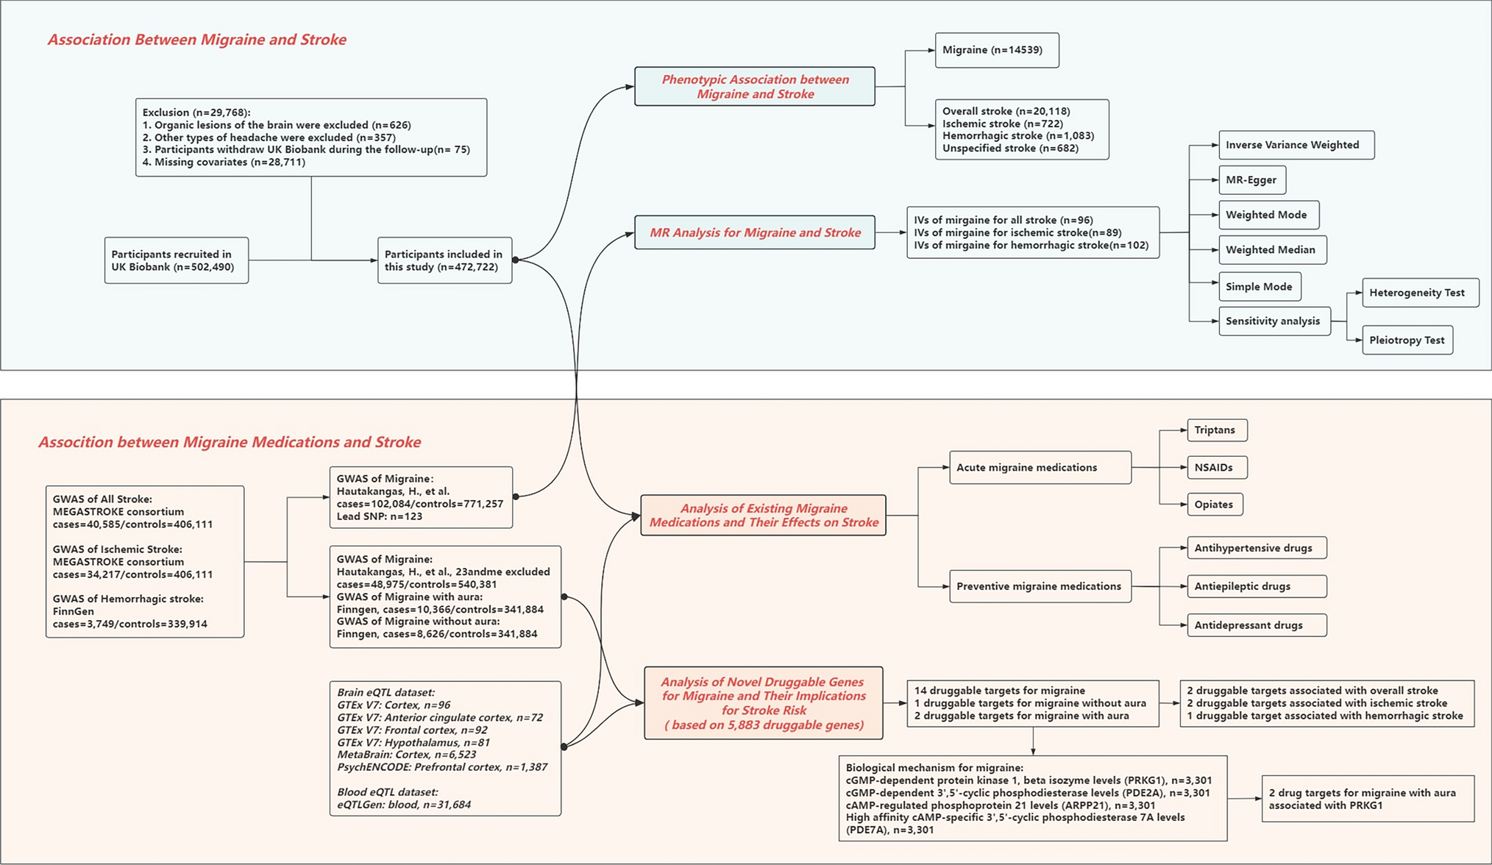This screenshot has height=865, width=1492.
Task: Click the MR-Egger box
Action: tap(1251, 180)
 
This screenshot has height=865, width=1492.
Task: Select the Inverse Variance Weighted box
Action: tap(1296, 145)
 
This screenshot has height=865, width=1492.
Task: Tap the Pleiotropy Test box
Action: tap(1407, 341)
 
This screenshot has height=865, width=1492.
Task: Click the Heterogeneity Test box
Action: tap(1419, 293)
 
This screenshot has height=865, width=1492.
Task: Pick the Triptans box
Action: tap(1216, 430)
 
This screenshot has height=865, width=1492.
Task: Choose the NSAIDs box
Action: tap(1216, 468)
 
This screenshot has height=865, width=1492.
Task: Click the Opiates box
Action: tap(1214, 505)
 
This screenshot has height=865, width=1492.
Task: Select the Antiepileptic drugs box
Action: tap(1256, 587)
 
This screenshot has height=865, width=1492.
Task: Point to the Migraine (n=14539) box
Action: tap(996, 51)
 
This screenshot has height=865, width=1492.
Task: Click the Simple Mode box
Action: tap(1259, 287)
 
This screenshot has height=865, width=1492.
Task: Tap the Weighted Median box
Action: tap(1272, 250)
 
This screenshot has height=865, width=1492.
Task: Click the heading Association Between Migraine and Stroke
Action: tap(197, 40)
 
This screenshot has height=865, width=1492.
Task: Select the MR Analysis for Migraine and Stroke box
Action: tap(754, 233)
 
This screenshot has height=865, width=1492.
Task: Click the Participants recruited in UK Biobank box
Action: tap(177, 261)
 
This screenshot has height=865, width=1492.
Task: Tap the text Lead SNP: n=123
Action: tap(380, 517)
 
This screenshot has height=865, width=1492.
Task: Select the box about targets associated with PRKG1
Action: tap(1367, 800)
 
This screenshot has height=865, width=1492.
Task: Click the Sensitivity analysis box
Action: tap(1273, 321)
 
